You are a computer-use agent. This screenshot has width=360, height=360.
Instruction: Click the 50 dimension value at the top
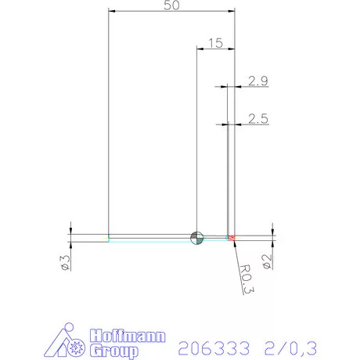click(x=171, y=5)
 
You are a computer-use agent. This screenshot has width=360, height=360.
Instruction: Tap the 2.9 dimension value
click(x=258, y=81)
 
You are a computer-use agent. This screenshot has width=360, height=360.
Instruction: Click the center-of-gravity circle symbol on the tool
click(x=196, y=236)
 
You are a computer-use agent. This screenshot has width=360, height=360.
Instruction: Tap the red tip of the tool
click(x=232, y=236)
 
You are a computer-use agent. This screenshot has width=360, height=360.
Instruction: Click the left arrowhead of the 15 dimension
click(x=199, y=49)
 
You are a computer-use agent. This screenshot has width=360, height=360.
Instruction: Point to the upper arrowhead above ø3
click(x=71, y=228)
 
